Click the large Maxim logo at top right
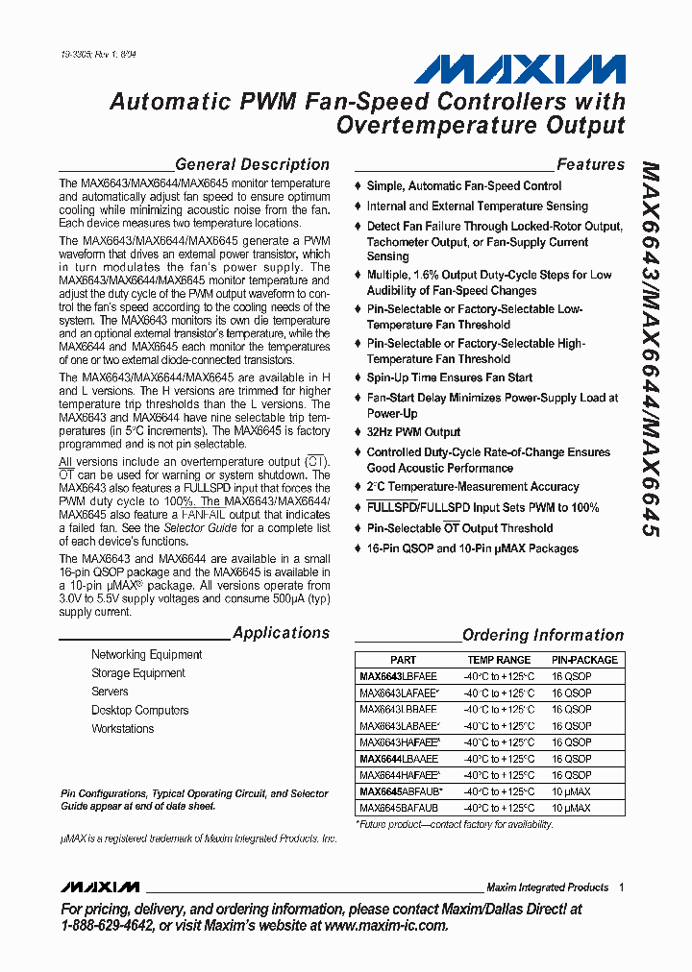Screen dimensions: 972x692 [520, 69]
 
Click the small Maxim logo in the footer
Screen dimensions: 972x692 [99, 887]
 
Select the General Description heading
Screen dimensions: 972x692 [252, 164]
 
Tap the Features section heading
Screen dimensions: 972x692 [590, 164]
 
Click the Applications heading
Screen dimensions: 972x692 [281, 633]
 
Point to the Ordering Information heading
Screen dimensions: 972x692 [542, 635]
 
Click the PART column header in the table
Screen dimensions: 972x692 [404, 660]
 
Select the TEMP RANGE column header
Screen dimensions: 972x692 [499, 660]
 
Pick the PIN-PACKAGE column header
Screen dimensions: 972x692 [584, 660]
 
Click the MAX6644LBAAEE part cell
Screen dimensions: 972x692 [398, 759]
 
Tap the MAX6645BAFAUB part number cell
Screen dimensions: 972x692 [398, 809]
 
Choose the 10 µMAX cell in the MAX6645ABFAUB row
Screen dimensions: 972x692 [571, 791]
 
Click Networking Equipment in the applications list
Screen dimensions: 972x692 [146, 655]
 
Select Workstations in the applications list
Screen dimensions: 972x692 [122, 729]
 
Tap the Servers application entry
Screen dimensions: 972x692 [110, 692]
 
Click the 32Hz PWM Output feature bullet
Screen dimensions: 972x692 [413, 432]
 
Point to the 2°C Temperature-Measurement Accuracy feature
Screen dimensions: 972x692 [472, 487]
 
